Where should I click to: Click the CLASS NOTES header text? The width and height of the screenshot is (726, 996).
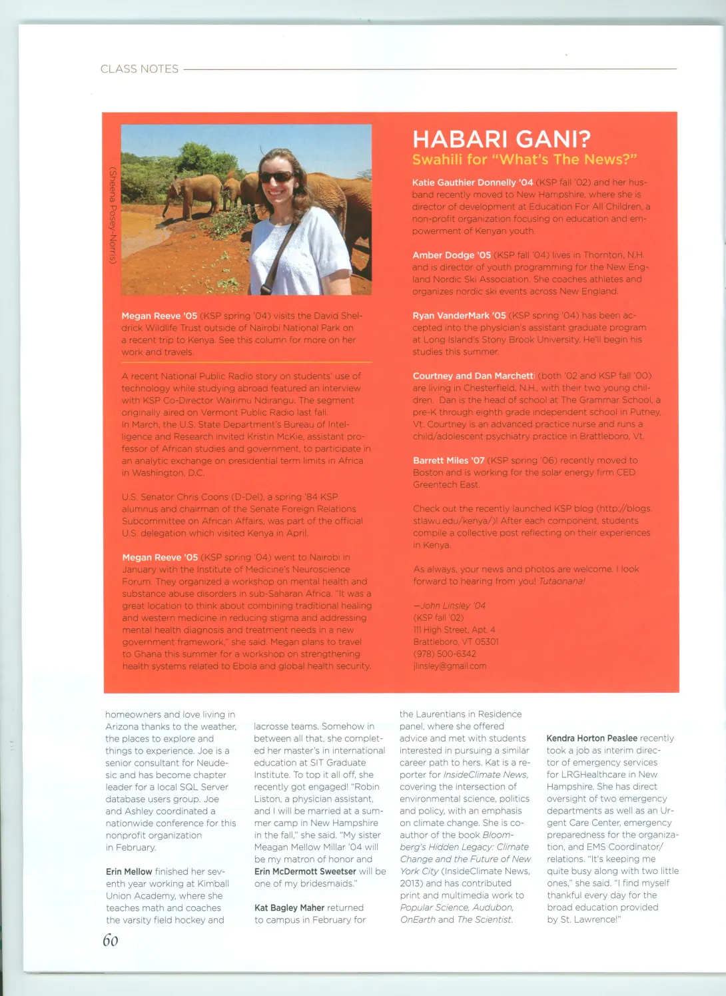point(139,69)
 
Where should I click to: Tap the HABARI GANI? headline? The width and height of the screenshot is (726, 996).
point(501,139)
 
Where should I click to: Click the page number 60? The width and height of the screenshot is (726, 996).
point(110,940)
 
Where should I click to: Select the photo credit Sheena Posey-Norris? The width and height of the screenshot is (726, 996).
point(113,215)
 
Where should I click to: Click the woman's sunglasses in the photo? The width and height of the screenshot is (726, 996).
point(276,177)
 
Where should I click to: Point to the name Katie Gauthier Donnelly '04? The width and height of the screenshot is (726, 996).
point(472,182)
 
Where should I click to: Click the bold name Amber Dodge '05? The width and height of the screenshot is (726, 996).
point(451,254)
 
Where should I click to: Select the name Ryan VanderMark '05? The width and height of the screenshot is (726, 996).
point(459,315)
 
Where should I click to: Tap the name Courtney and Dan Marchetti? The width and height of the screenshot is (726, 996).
point(474,376)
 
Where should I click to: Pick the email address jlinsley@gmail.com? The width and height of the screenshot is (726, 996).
point(450,666)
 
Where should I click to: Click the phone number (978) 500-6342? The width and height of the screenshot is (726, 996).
point(444,654)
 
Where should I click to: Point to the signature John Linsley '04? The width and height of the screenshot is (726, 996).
point(450,606)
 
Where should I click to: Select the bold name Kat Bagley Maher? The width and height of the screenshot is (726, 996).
point(289,907)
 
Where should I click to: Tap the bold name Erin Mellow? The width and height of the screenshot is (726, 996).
point(129,871)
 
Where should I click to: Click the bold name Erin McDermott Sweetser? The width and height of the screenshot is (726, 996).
point(305,871)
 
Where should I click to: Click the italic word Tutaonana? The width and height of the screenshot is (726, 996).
point(561,581)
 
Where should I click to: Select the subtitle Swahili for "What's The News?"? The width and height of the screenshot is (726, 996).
point(524,159)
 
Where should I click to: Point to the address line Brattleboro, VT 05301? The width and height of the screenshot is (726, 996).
point(456,642)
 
